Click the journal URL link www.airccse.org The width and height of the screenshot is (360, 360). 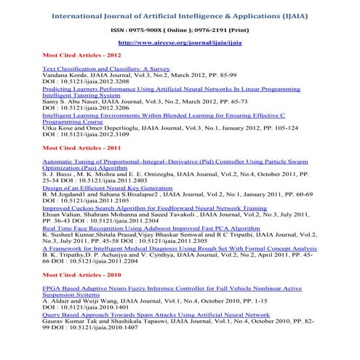179,44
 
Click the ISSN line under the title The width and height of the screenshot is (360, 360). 179,30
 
